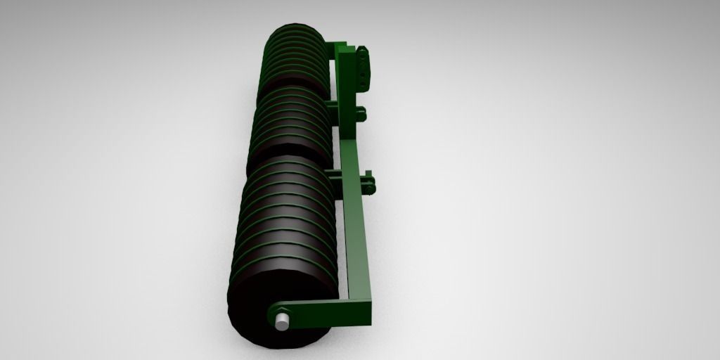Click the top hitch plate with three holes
(362, 69)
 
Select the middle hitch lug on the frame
(360, 112)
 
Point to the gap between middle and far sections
(291, 82)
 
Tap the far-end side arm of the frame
(336, 46)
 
